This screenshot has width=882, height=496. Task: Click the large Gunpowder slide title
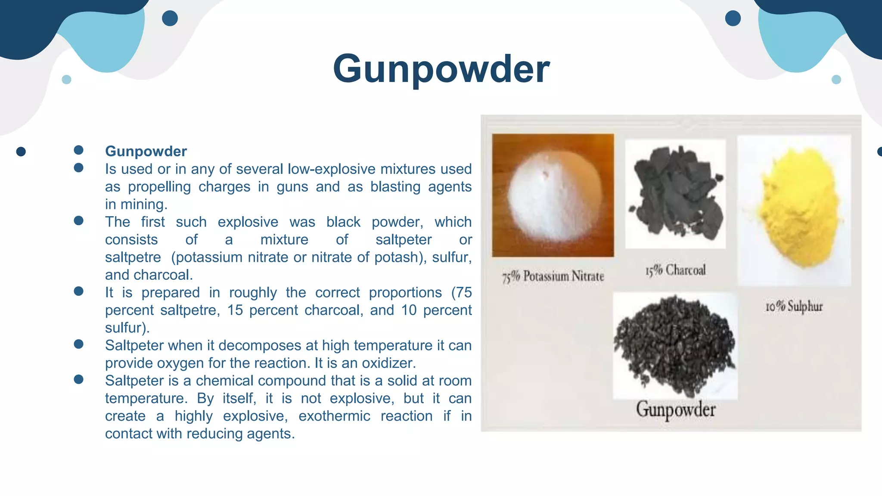(441, 69)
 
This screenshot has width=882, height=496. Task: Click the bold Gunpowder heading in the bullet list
(146, 152)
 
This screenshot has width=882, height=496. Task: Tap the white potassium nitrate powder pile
(553, 198)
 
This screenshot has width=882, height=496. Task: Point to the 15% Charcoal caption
(675, 270)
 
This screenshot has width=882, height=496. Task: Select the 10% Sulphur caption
(794, 307)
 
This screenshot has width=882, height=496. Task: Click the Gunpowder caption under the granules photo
(675, 409)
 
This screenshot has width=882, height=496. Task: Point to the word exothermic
(334, 416)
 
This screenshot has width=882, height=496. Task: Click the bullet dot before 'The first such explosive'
(78, 221)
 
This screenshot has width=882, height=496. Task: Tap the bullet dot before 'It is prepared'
(78, 291)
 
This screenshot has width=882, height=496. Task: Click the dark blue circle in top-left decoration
(170, 19)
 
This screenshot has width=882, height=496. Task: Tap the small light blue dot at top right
(836, 80)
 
